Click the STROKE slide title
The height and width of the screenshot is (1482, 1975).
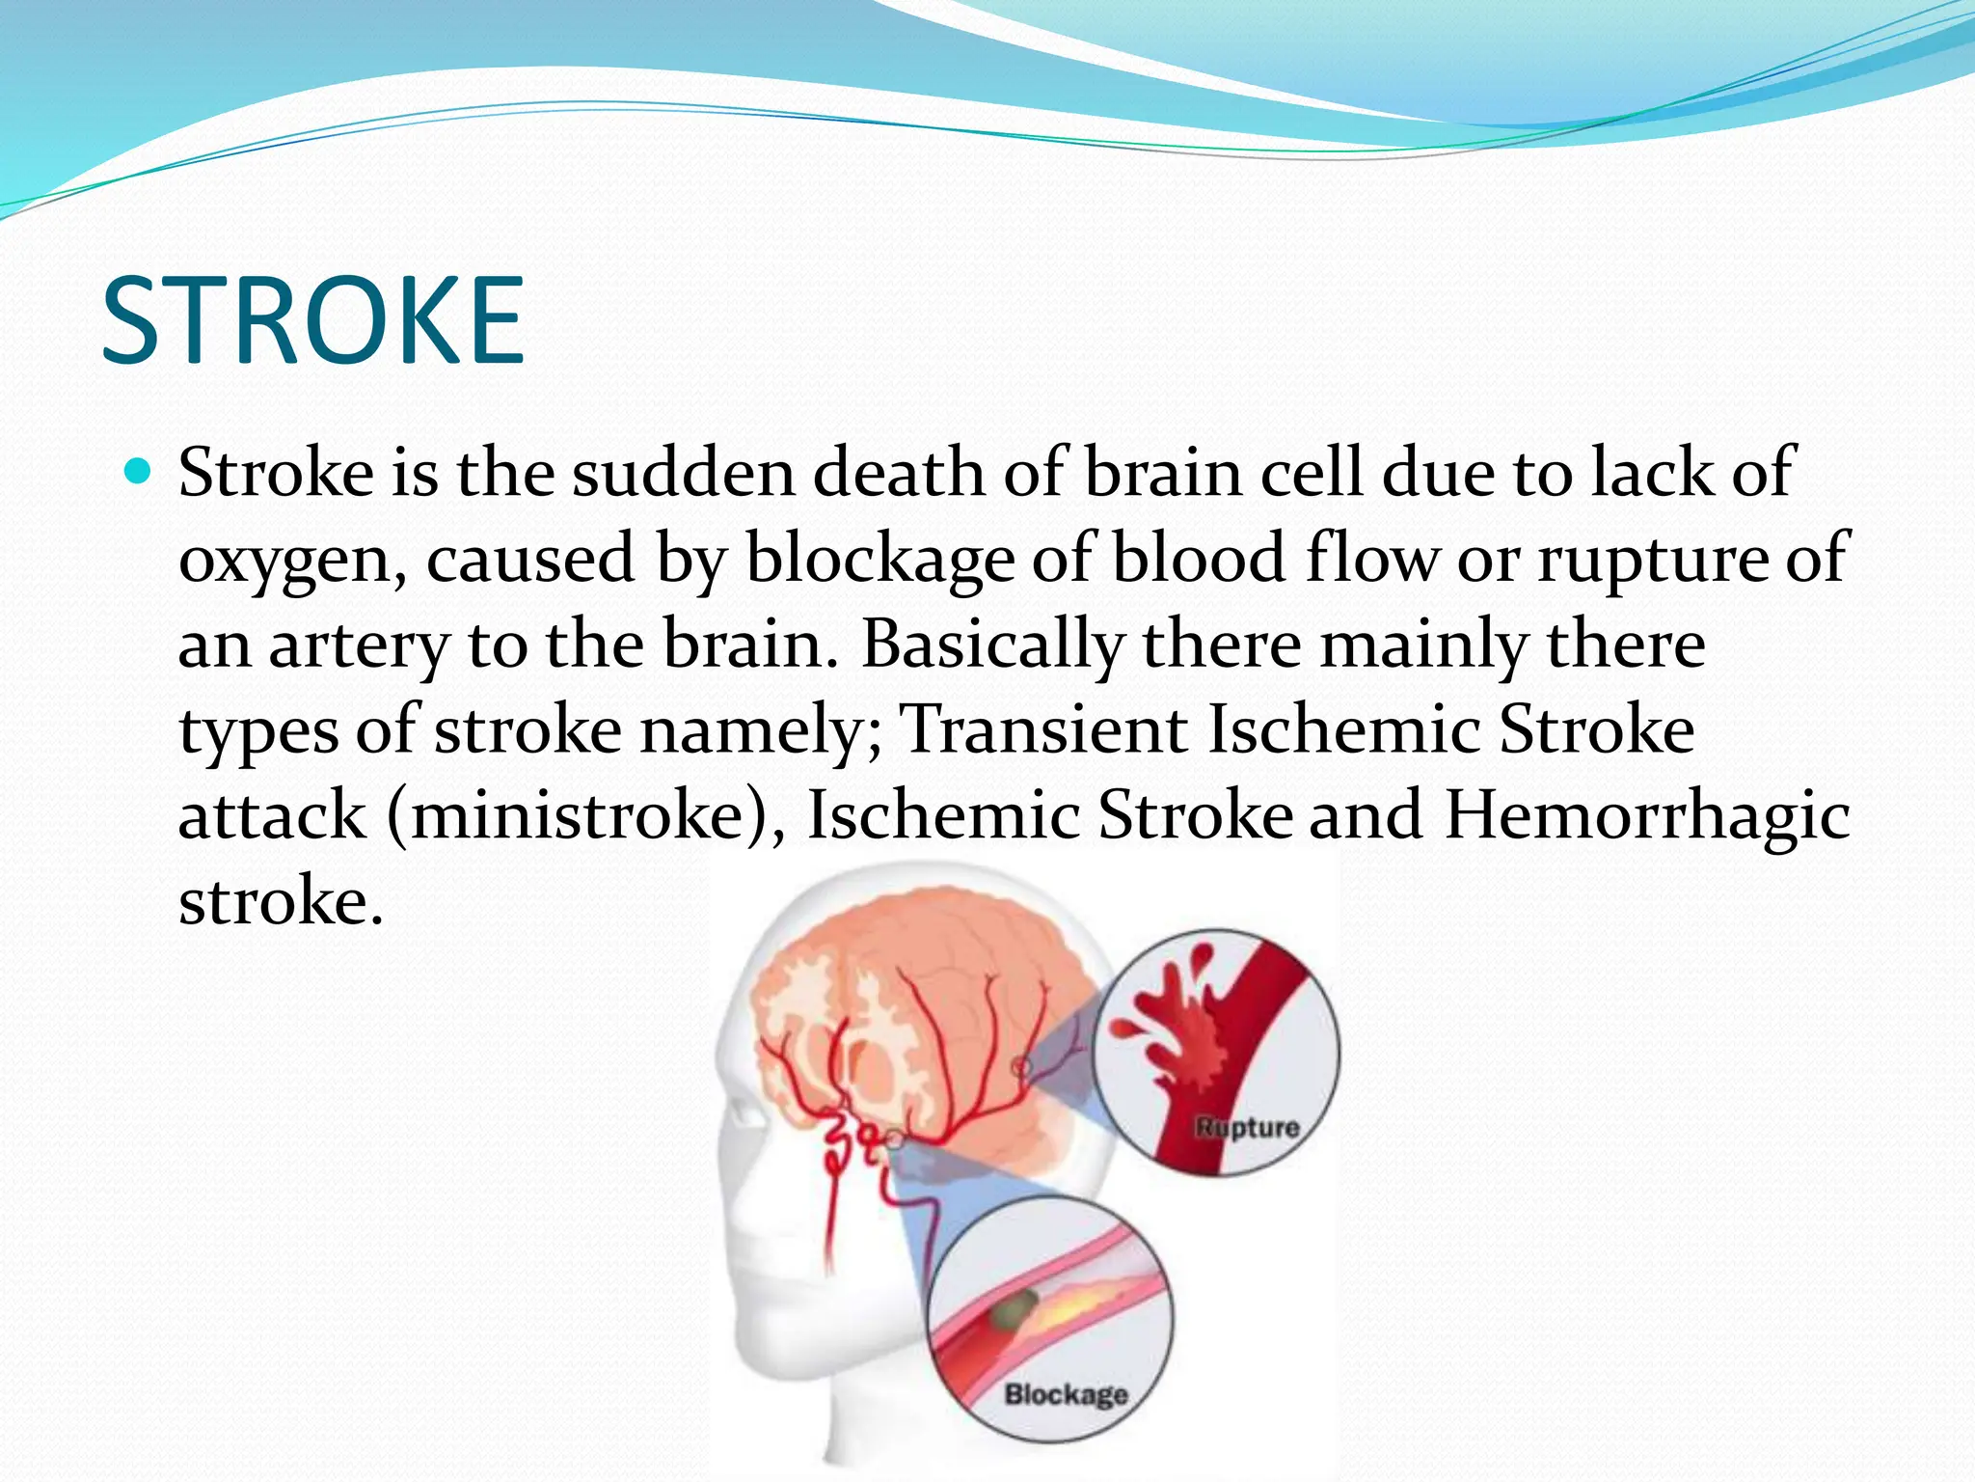[x=312, y=320]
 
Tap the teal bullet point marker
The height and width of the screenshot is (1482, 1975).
[x=140, y=472]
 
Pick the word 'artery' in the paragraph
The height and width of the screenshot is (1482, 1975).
[x=358, y=645]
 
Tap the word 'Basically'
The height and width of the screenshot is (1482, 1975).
[x=992, y=645]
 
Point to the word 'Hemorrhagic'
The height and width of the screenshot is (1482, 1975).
[x=1647, y=815]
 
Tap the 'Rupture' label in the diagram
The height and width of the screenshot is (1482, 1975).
[x=1247, y=1127]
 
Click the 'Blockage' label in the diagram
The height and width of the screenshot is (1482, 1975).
[x=1066, y=1393]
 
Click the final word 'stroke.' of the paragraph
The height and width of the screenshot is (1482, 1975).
[x=281, y=901]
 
